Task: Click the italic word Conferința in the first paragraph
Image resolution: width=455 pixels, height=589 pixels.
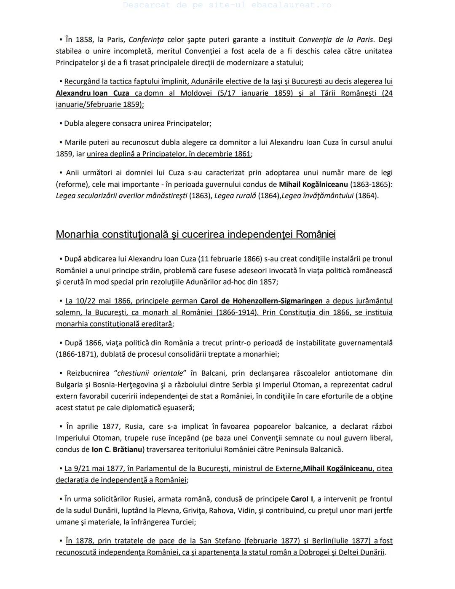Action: [146, 40]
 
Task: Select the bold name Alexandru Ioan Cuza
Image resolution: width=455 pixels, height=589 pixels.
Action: [92, 93]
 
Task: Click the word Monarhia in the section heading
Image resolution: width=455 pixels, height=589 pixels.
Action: [80, 234]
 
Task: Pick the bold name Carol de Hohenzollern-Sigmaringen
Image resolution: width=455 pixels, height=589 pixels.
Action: [261, 301]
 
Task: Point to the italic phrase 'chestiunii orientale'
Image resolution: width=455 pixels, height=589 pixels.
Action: [150, 373]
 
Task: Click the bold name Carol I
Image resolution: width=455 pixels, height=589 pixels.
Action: [302, 499]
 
